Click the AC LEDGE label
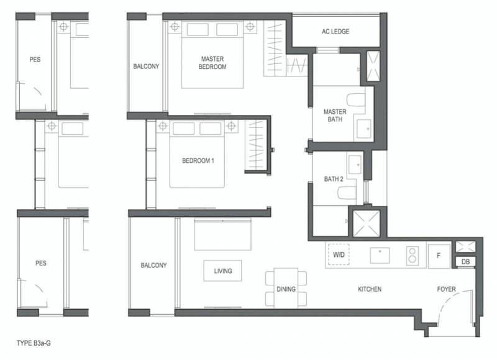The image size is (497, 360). [x=335, y=32]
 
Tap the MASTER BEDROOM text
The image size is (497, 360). [x=212, y=63]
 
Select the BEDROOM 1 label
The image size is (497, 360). [x=198, y=161]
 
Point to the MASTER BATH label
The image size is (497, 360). [x=335, y=116]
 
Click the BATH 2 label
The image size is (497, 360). [x=334, y=179]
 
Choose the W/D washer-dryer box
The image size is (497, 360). [x=339, y=254]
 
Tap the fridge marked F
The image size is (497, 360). [x=439, y=256]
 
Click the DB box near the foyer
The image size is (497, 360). [x=465, y=262]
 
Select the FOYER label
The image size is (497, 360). [x=446, y=289]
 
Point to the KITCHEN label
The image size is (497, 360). [x=370, y=289]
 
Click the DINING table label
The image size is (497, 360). [x=286, y=289]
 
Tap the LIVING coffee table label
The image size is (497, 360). [x=223, y=271]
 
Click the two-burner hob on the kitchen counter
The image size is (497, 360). [x=413, y=256]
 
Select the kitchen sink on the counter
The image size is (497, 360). [x=380, y=256]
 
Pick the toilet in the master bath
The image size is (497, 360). [x=356, y=99]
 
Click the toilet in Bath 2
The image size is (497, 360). [x=347, y=193]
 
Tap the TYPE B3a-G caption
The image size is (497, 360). [x=34, y=343]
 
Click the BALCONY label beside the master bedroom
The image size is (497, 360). [x=146, y=67]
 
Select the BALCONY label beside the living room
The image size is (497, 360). [x=153, y=265]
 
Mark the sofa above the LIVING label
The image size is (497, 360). [x=223, y=234]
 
